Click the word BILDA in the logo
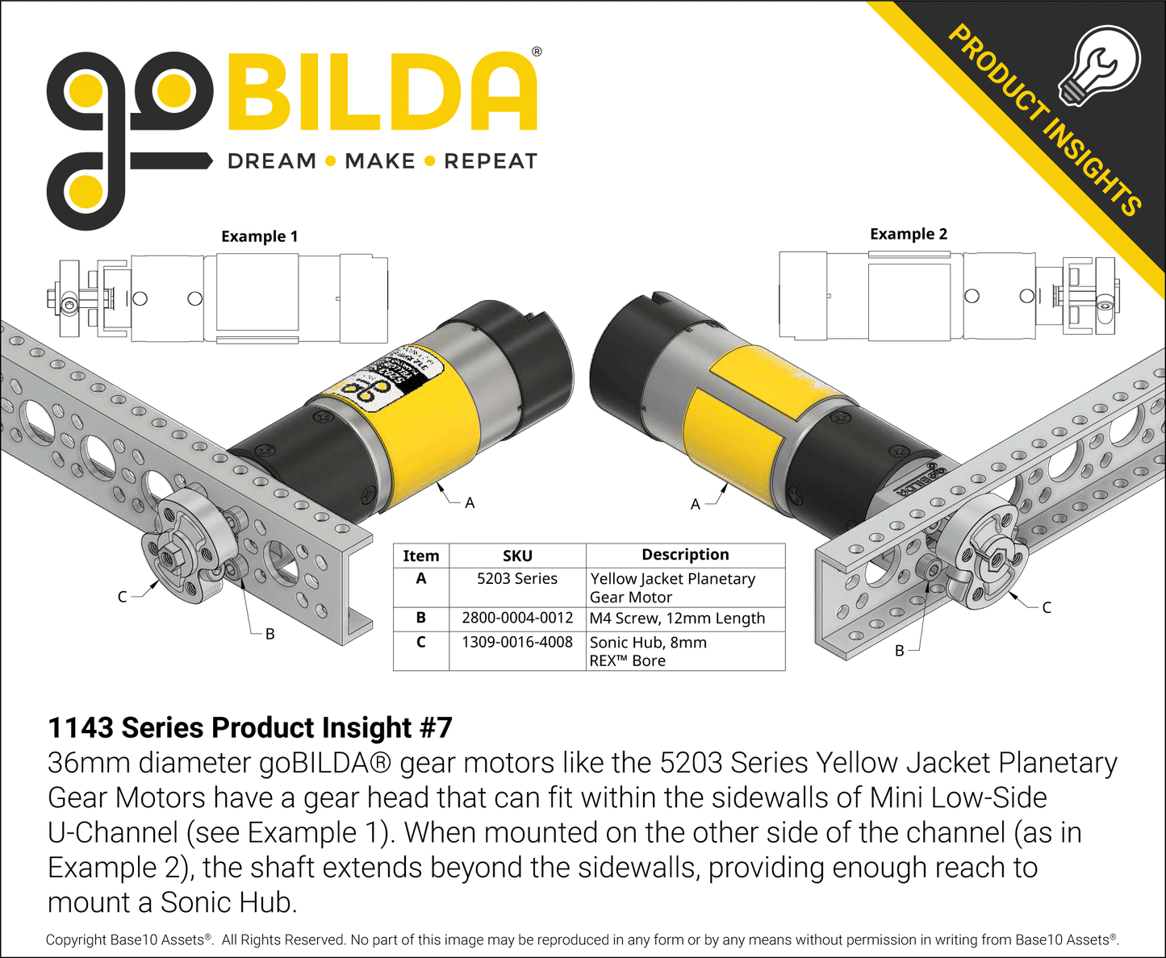pyautogui.click(x=382, y=92)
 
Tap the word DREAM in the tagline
pyautogui.click(x=272, y=161)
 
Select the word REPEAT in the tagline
pyautogui.click(x=490, y=161)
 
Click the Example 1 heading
pyautogui.click(x=259, y=236)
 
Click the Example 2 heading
pyautogui.click(x=909, y=234)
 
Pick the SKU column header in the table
pyautogui.click(x=517, y=556)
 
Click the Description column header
pyautogui.click(x=685, y=555)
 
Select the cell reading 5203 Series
pyautogui.click(x=517, y=579)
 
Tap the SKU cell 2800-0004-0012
pyautogui.click(x=517, y=619)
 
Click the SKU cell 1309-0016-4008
pyautogui.click(x=517, y=643)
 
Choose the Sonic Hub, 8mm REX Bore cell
pyautogui.click(x=648, y=652)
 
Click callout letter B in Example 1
pyautogui.click(x=270, y=634)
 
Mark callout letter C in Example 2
pyautogui.click(x=1047, y=607)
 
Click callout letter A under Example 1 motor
pyautogui.click(x=470, y=503)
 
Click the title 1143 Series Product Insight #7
pyautogui.click(x=250, y=727)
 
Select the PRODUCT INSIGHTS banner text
pyautogui.click(x=1044, y=121)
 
